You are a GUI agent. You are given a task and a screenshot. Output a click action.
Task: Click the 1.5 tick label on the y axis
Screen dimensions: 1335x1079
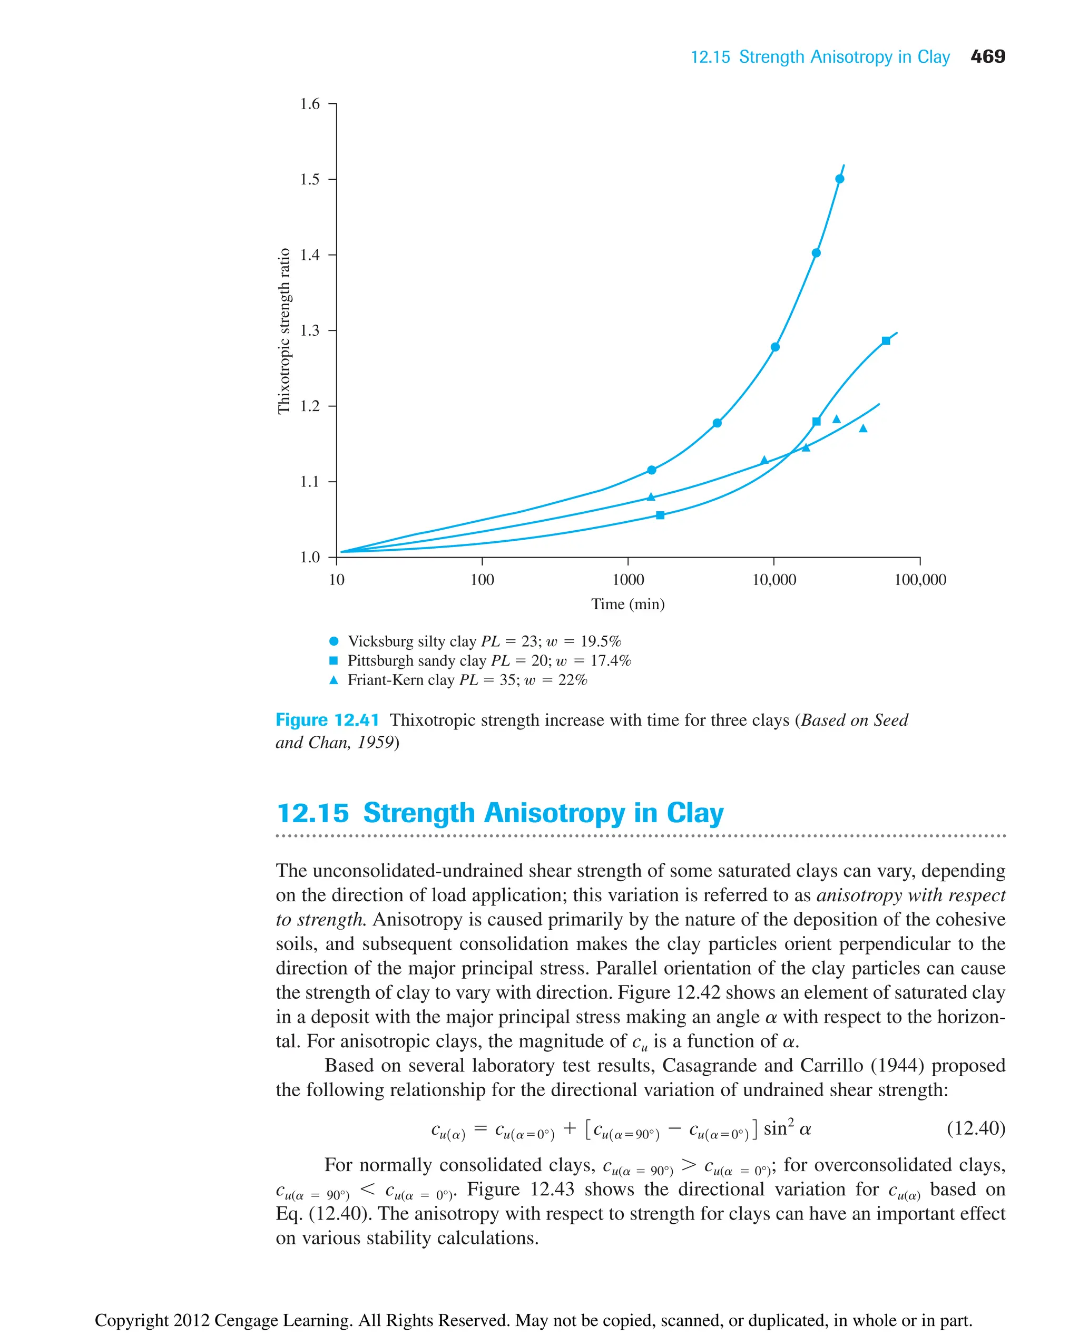(310, 180)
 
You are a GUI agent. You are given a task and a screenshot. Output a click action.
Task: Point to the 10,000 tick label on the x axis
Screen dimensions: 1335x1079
(774, 580)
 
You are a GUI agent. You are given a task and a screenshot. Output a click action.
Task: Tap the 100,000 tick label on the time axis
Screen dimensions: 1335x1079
(920, 580)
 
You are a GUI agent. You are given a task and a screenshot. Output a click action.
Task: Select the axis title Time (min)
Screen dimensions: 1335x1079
(628, 605)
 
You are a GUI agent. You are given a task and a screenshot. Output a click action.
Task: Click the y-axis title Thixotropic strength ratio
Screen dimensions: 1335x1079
(284, 331)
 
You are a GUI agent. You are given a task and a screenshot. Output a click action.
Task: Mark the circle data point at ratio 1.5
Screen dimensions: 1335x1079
(840, 179)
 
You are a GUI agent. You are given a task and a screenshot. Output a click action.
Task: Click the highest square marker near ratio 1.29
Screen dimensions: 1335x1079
(886, 341)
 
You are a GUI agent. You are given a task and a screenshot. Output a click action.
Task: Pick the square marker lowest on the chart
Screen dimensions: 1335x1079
(660, 515)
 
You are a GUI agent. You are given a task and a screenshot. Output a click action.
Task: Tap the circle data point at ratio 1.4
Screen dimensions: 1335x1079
(816, 253)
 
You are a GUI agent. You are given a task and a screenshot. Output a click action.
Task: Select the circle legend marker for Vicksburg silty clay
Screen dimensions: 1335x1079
(334, 641)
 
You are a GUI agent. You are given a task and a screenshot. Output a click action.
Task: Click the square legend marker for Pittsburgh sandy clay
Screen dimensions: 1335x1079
(334, 660)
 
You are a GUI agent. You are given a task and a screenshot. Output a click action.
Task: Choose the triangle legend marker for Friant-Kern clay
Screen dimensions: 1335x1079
(334, 680)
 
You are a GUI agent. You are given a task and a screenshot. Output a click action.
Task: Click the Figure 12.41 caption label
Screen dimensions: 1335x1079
(327, 720)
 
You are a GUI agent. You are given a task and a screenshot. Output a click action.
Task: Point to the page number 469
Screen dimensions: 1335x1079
(988, 56)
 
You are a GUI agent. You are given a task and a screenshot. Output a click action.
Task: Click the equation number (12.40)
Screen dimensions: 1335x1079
(976, 1128)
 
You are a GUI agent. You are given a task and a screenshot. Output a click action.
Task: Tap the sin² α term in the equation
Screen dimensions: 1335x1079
(787, 1128)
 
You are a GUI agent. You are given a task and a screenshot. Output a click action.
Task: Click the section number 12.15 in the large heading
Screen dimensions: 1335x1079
(312, 813)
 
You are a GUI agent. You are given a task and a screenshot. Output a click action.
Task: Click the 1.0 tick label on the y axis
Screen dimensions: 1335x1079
(310, 557)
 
